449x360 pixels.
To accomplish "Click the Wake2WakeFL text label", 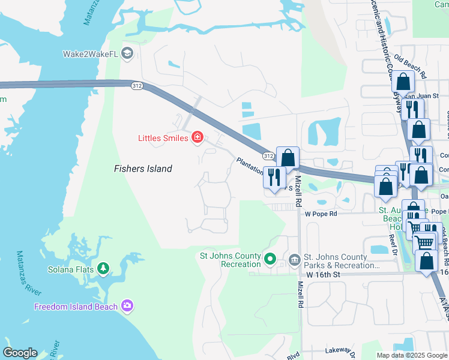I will click(x=90, y=54).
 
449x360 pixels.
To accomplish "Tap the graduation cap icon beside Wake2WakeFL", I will click(x=127, y=54).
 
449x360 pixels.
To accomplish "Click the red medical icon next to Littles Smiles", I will click(x=197, y=139).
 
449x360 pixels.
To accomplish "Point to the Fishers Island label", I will click(x=143, y=169).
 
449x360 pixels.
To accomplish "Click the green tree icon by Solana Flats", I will click(x=104, y=268).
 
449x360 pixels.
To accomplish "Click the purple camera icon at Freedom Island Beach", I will click(x=127, y=307).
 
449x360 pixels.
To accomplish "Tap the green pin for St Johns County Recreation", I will click(x=270, y=260).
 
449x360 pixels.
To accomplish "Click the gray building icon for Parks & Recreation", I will click(x=294, y=260).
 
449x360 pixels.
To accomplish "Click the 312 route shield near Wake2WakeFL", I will click(x=137, y=86).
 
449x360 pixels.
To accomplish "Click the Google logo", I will click(x=20, y=353).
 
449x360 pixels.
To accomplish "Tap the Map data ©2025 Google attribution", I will click(x=411, y=355).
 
